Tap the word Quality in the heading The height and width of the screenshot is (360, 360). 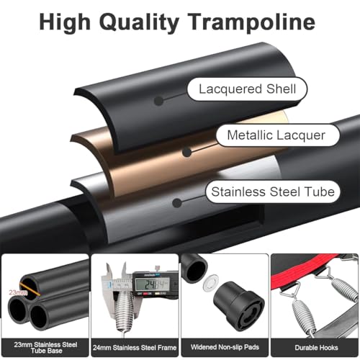139,23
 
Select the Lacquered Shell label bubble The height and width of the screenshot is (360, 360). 247,89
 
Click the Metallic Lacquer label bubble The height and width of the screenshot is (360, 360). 278,135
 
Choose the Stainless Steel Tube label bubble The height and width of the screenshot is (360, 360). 273,192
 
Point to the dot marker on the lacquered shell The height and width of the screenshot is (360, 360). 158,101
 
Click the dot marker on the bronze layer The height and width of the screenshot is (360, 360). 186,152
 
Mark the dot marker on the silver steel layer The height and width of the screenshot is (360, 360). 177,203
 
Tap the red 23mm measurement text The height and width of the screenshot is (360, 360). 18,292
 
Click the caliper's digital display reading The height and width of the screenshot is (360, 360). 153,284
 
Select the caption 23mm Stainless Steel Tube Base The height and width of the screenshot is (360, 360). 45,348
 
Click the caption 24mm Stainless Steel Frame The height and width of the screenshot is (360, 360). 135,348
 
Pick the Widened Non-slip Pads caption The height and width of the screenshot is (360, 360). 225,347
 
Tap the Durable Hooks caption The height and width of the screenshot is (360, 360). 316,348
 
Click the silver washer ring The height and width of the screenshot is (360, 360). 211,282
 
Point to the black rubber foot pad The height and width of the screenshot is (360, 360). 239,305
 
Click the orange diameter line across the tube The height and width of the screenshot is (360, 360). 30,289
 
